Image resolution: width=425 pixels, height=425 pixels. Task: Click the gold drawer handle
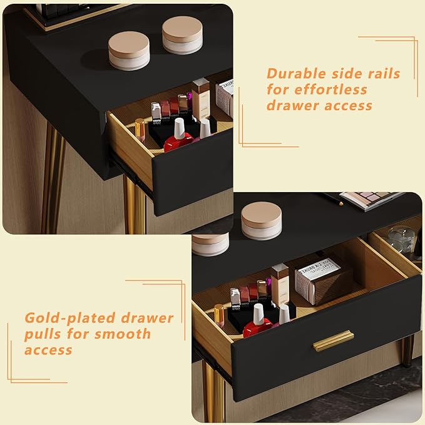coord(334,341)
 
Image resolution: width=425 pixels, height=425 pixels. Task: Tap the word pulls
coord(43,335)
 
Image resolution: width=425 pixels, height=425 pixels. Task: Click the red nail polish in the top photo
coord(179,136)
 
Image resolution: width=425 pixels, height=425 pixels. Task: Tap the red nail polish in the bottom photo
coord(257,322)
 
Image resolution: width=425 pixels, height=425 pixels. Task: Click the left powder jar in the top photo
coord(129,51)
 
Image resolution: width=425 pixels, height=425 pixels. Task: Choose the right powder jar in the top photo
coord(182,35)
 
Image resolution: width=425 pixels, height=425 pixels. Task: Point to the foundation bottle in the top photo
coord(201,100)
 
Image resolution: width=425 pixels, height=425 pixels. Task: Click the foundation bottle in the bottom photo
coord(280,284)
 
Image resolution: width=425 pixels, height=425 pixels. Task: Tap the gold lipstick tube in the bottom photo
coord(220,316)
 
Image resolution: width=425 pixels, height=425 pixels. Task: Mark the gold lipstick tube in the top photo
coord(140,130)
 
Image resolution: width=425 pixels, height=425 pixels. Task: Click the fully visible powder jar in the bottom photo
coord(261,220)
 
